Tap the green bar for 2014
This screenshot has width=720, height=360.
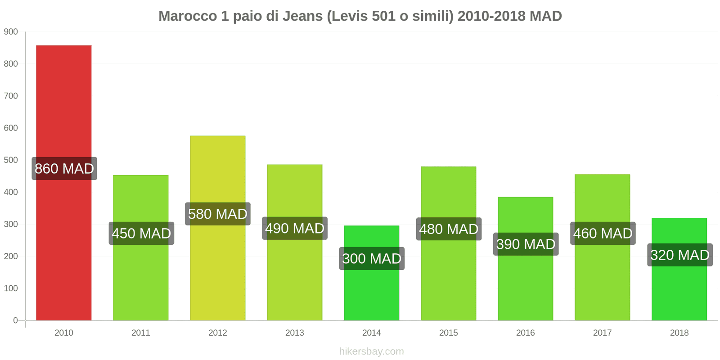[371, 292]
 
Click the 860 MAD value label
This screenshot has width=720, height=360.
[64, 169]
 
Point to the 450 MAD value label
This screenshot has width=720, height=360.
[141, 234]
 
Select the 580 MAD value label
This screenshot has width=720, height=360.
[218, 214]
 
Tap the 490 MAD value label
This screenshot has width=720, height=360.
[295, 229]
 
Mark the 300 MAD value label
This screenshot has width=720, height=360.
[372, 259]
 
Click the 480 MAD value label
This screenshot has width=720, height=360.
[449, 229]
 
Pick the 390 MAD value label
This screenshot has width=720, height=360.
[526, 244]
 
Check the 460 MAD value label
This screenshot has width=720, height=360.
[603, 234]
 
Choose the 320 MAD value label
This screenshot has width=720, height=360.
[679, 255]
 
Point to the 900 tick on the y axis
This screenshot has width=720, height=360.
[11, 32]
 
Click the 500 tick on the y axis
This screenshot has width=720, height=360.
[11, 160]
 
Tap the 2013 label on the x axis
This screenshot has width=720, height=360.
[295, 333]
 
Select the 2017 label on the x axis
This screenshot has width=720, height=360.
[602, 333]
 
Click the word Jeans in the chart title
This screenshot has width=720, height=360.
[304, 16]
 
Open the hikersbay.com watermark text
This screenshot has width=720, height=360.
[372, 351]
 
